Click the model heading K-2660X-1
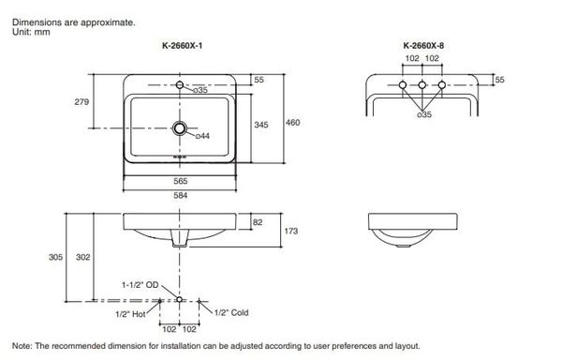(182, 46)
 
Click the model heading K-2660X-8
(423, 46)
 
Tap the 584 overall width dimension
(180, 195)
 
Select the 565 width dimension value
(180, 181)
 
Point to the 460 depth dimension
(292, 123)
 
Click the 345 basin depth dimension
(261, 125)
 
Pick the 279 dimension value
(81, 102)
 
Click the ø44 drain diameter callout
(202, 136)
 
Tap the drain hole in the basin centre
(180, 128)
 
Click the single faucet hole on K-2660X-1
(180, 85)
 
